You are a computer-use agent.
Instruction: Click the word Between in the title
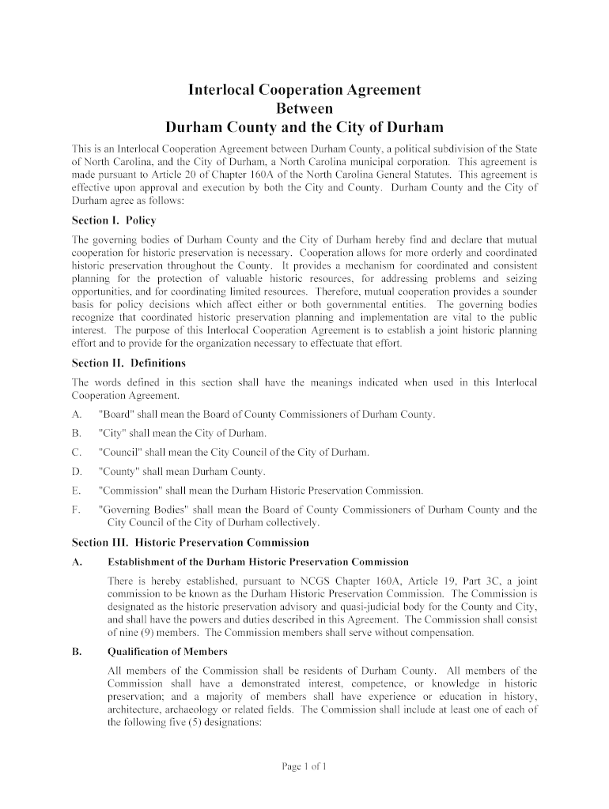click(x=304, y=108)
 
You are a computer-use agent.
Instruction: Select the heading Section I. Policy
click(x=114, y=220)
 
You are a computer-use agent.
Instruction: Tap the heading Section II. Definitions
click(x=128, y=363)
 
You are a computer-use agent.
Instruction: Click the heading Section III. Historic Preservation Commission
click(x=190, y=544)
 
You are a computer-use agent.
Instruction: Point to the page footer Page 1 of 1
click(x=304, y=766)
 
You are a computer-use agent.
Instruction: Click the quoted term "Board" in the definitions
click(x=115, y=416)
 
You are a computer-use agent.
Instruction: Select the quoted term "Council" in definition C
click(x=119, y=453)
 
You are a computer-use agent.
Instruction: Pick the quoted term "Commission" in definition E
click(x=129, y=491)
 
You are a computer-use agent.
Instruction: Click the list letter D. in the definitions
click(x=77, y=472)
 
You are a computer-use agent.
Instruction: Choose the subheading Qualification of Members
click(x=167, y=652)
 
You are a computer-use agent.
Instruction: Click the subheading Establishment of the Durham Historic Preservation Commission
click(x=258, y=562)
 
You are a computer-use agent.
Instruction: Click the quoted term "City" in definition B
click(x=112, y=434)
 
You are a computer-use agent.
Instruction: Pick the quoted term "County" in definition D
click(x=118, y=472)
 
